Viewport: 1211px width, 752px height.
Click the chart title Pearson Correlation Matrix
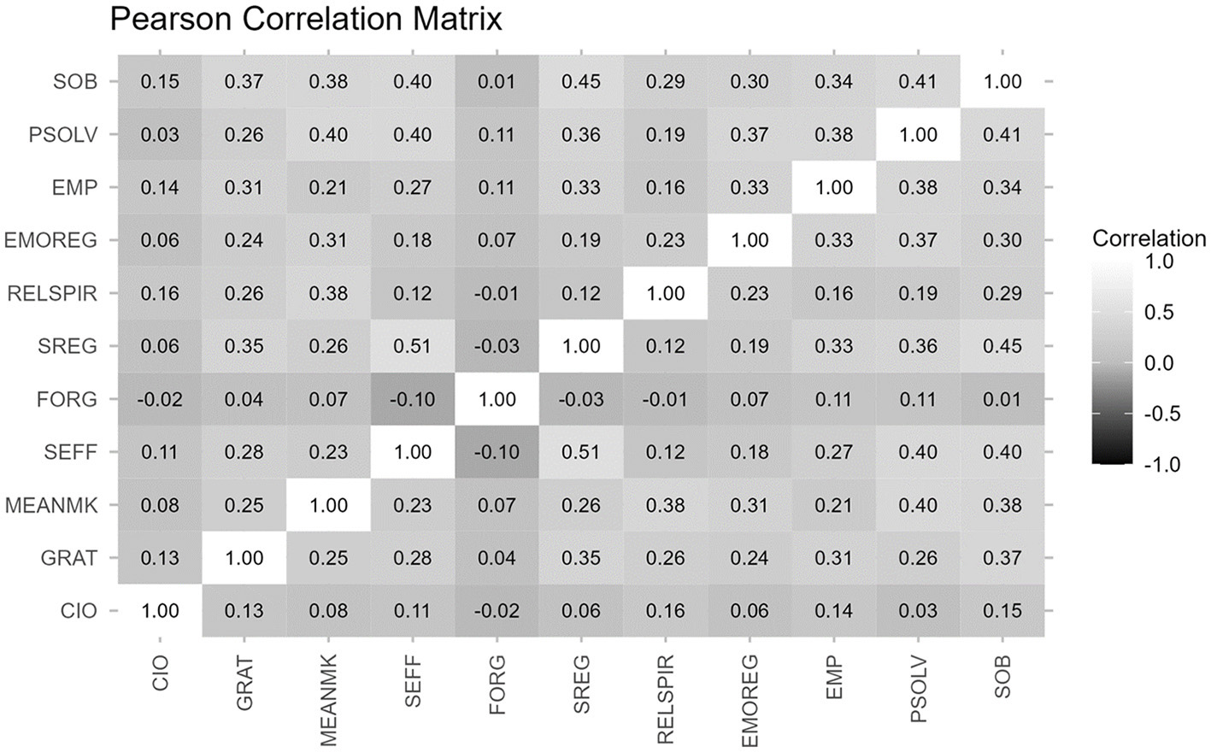point(306,19)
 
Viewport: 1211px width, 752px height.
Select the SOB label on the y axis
point(75,82)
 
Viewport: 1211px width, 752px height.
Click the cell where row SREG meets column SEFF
point(413,346)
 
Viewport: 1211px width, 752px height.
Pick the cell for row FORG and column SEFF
point(413,399)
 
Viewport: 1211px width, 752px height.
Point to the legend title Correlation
point(1149,238)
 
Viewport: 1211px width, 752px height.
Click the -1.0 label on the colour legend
point(1161,465)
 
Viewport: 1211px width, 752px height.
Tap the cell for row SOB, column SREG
point(581,82)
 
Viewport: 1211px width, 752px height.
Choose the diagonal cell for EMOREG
point(750,240)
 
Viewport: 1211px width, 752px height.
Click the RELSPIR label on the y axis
point(52,294)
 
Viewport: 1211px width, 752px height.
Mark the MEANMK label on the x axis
point(329,700)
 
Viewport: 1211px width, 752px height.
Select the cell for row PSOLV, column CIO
point(160,135)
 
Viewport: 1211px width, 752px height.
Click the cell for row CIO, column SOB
point(1002,611)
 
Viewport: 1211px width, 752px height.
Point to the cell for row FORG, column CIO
point(160,399)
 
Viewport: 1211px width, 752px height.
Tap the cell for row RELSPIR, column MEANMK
point(329,294)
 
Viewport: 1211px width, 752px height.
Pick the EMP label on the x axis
point(834,679)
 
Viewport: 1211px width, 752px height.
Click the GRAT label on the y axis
point(69,558)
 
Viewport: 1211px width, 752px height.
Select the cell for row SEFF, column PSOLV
point(918,452)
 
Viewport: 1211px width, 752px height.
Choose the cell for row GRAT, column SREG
point(581,558)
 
